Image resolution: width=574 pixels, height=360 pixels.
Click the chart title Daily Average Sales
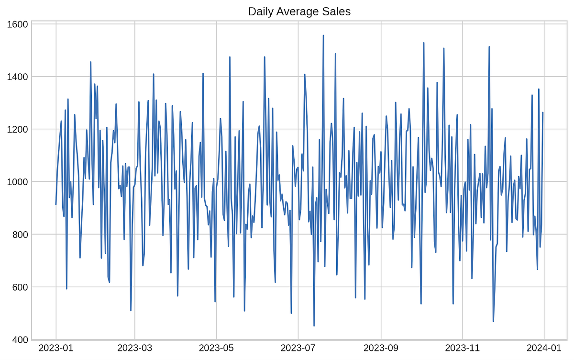(299, 11)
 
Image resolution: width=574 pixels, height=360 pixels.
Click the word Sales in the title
(337, 11)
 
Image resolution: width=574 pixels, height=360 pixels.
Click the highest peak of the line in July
(323, 35)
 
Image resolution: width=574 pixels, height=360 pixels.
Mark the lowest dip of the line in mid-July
(314, 326)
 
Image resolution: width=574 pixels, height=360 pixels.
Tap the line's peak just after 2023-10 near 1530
(423, 43)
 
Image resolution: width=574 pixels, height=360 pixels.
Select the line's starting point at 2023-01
(56, 204)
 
